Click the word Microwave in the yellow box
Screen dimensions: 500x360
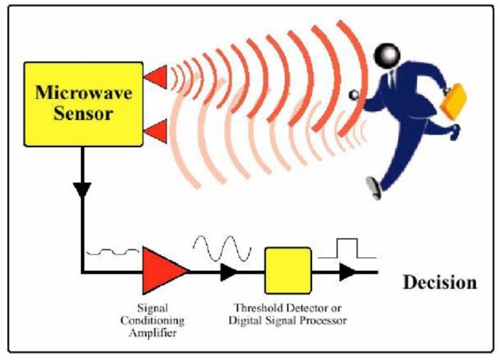83,93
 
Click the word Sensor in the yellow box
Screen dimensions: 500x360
83,113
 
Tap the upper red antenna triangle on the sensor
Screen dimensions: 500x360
156,77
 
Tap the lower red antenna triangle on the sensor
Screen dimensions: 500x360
156,131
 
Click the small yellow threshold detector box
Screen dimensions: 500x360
288,271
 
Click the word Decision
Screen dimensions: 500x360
440,282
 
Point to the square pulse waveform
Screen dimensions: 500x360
347,248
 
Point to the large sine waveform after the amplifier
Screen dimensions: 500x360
222,248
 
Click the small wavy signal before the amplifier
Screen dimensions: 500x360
113,252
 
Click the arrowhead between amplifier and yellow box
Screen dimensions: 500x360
229,272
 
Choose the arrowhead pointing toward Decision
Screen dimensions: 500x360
348,272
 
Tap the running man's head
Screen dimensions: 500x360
387,56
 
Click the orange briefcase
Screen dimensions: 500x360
454,101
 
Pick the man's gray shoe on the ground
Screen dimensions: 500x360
374,188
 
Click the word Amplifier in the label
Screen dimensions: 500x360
153,333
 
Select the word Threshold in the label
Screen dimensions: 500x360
258,308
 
